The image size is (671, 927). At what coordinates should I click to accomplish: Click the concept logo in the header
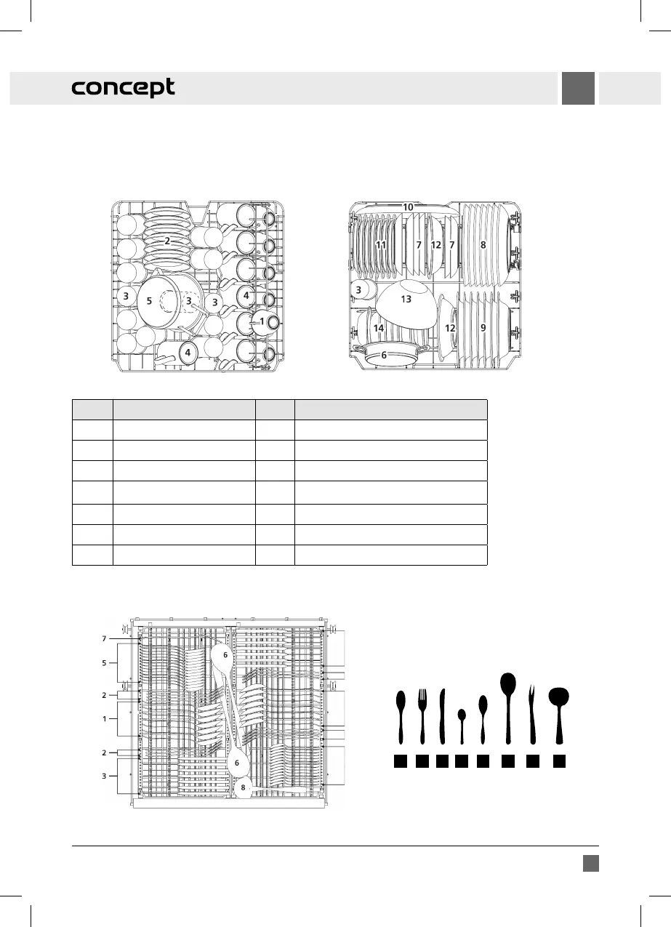tap(123, 88)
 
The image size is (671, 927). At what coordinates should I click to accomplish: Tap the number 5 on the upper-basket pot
tap(149, 300)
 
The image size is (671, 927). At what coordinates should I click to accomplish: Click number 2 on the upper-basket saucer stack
tap(166, 241)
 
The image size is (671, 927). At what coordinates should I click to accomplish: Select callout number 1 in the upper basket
tap(262, 321)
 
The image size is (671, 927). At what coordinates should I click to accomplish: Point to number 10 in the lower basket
tap(409, 207)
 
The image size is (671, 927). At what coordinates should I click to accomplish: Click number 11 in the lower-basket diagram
tap(381, 245)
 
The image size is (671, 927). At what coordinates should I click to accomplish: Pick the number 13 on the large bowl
tap(406, 299)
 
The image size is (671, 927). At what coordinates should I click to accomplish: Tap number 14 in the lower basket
tap(379, 329)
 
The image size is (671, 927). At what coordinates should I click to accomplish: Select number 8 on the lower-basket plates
tap(483, 245)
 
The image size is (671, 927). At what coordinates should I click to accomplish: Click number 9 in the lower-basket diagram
tap(483, 328)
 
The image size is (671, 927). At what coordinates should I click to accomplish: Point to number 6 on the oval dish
tap(384, 356)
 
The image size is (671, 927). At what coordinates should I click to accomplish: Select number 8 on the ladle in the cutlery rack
tap(243, 787)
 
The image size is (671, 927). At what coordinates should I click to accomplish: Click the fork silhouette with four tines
tap(422, 716)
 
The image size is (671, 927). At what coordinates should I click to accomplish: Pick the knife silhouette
tap(442, 716)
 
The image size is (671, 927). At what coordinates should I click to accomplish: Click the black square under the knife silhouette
tap(442, 762)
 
